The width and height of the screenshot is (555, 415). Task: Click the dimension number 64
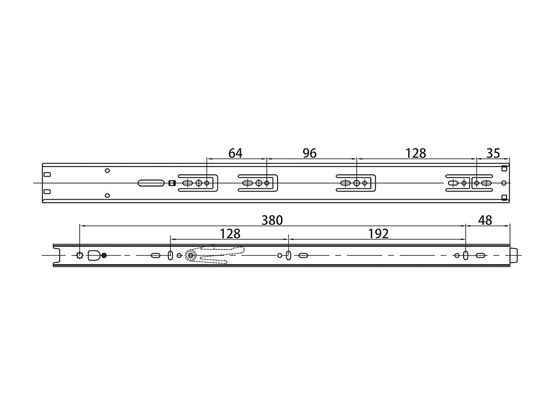coord(235,153)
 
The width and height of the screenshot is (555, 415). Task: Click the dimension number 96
coord(309,153)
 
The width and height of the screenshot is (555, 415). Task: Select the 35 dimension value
coord(493,153)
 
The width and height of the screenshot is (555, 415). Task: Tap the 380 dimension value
coord(272,220)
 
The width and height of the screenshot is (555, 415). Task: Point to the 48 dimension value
coord(485,220)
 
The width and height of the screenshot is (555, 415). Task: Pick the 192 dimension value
coord(378,234)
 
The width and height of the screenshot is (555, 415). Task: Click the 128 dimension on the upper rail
coord(416,153)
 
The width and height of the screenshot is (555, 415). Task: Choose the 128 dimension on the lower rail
coord(230,234)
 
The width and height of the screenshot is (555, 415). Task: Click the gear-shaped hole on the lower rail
coord(80,255)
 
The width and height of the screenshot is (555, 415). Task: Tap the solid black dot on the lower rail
coord(104,255)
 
